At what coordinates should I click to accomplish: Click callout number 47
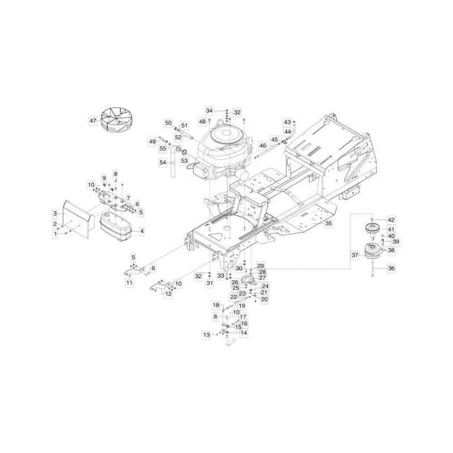[x=93, y=121]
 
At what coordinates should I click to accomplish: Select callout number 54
[x=163, y=163]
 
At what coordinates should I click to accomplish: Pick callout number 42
[x=390, y=219]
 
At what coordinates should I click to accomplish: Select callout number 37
[x=355, y=255]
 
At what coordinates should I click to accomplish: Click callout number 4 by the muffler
[x=142, y=231]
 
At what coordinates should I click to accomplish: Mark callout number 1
[x=56, y=233]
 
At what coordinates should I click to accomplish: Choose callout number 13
[x=207, y=335]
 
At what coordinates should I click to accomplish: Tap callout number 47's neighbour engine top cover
[x=217, y=136]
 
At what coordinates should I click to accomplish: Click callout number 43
[x=287, y=122]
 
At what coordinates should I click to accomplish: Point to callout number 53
[x=183, y=161]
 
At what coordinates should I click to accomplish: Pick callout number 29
[x=261, y=266]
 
